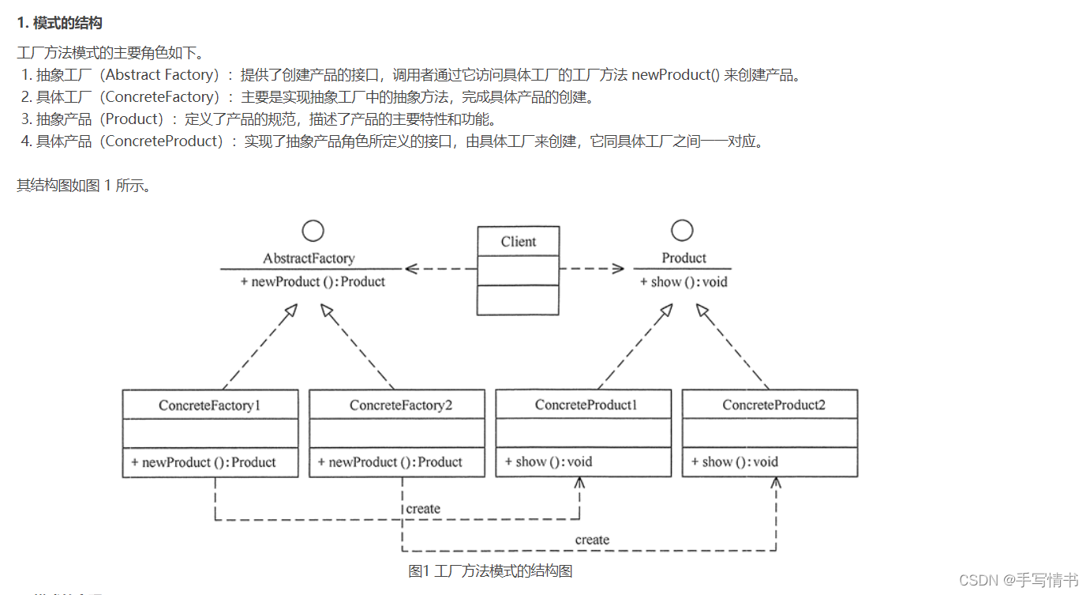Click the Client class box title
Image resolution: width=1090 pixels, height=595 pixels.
click(x=519, y=242)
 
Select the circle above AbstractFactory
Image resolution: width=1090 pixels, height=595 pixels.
click(x=313, y=231)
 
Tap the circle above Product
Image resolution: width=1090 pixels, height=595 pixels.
click(x=682, y=231)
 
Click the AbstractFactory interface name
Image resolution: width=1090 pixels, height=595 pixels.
click(x=309, y=258)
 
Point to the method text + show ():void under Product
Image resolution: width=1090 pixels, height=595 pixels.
click(x=684, y=282)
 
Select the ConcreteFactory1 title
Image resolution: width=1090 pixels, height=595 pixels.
click(x=210, y=405)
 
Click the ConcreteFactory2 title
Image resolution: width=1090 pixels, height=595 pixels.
click(x=401, y=405)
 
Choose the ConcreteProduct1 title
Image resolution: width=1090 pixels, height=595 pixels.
click(x=586, y=405)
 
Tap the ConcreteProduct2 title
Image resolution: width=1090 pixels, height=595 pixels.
click(x=773, y=405)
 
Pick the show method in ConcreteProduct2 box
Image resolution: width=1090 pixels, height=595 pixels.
click(x=734, y=462)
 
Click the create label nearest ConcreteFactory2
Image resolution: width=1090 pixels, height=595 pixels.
click(x=423, y=509)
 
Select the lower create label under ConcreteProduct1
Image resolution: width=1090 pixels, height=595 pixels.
click(x=592, y=540)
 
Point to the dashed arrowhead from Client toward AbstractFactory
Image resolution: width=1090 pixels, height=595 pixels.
click(x=411, y=269)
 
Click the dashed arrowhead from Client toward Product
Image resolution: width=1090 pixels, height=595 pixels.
click(x=617, y=269)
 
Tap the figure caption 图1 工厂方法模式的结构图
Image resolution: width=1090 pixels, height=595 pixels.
click(x=490, y=571)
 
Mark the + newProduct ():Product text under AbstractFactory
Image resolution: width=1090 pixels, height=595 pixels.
click(x=313, y=282)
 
